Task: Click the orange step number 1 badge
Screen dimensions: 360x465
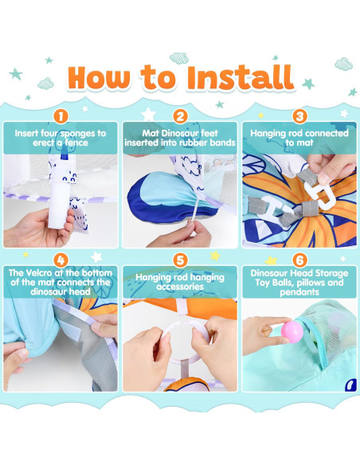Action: click(61, 116)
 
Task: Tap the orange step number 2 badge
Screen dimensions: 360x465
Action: click(180, 116)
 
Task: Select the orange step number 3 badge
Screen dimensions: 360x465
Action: click(299, 116)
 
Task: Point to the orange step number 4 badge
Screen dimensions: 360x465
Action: click(61, 260)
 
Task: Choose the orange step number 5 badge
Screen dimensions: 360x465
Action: click(180, 260)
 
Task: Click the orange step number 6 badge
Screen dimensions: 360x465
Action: click(299, 260)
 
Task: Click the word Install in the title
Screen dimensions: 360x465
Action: click(241, 78)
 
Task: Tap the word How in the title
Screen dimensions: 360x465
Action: click(99, 78)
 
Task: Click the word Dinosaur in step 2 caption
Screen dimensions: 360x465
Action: click(178, 133)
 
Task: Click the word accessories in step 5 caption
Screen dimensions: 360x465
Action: click(180, 287)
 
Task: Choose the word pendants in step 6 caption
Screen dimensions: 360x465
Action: click(299, 292)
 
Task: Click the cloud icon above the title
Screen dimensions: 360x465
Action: click(179, 58)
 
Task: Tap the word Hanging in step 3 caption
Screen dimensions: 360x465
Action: click(265, 134)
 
